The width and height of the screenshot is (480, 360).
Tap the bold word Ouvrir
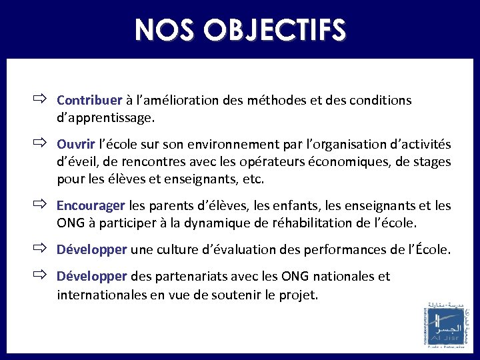pyautogui.click(x=75, y=145)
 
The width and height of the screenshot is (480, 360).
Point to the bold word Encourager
pyautogui.click(x=91, y=205)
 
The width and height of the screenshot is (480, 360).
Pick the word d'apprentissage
pyautogui.click(x=105, y=119)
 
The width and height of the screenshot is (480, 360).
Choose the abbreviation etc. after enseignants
pyautogui.click(x=254, y=179)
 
